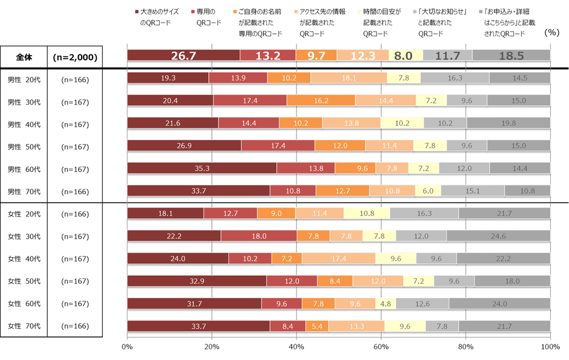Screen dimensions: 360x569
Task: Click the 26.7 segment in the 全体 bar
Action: click(x=183, y=56)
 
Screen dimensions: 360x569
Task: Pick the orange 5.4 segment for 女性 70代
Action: click(x=317, y=326)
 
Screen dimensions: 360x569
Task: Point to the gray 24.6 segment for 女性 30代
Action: click(x=498, y=236)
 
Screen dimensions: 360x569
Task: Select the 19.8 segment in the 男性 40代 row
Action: click(x=508, y=123)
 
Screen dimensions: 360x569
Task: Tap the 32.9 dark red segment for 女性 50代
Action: click(x=197, y=281)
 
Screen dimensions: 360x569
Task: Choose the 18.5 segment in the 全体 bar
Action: click(x=511, y=56)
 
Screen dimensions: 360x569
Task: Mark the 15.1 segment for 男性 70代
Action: click(x=472, y=191)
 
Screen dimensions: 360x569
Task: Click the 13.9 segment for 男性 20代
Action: click(x=238, y=78)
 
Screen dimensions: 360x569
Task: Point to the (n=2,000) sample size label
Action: click(x=76, y=57)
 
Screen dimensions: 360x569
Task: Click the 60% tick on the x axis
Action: click(x=381, y=347)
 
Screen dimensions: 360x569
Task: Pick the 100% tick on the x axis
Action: click(x=550, y=347)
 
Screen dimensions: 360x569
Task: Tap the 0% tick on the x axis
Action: click(x=127, y=347)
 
